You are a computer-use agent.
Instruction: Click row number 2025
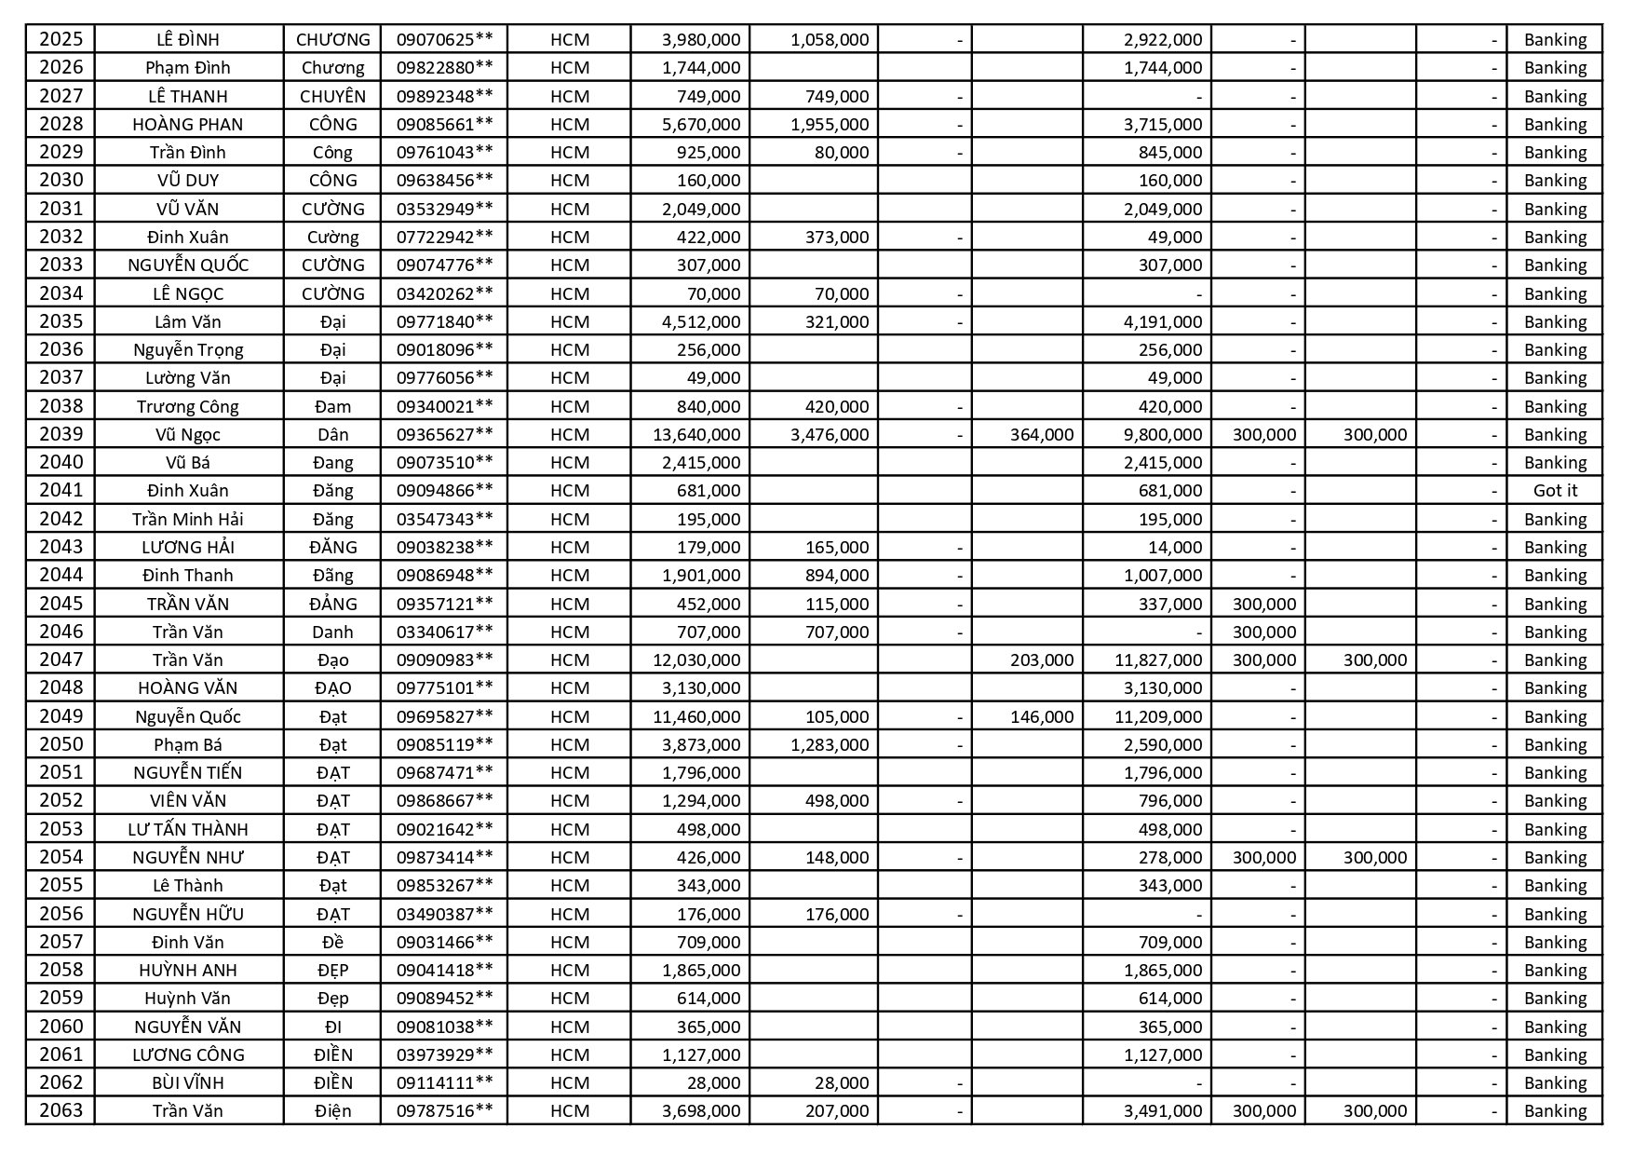pos(61,39)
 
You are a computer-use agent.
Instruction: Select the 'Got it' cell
pos(1555,491)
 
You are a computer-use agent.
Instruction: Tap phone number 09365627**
pos(444,434)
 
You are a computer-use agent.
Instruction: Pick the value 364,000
pos(1041,434)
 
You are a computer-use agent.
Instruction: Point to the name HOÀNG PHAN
pos(188,125)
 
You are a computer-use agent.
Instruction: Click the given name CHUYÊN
pos(332,96)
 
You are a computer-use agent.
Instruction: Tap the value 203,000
pos(1041,660)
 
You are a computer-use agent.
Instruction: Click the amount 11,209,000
pos(1157,716)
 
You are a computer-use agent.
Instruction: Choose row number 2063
pos(61,1110)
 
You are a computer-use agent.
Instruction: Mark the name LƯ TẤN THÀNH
pos(188,829)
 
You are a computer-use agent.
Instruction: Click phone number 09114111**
pos(444,1082)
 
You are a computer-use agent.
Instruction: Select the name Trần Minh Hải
pos(188,519)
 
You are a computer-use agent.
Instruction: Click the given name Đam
pos(332,406)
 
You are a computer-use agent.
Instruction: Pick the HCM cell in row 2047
pos(570,660)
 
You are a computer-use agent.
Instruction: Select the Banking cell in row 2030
pos(1555,180)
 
